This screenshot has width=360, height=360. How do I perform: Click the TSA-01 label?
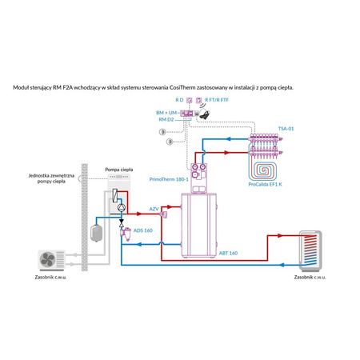(286, 128)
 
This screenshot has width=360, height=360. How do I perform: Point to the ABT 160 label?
(228, 253)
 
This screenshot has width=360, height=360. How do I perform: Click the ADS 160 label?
(143, 230)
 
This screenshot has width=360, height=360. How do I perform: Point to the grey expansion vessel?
(97, 230)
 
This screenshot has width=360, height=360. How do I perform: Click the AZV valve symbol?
(163, 214)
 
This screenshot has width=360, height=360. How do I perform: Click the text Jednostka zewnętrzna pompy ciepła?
(50, 177)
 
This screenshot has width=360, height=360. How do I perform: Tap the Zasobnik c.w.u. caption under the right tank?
(310, 276)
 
